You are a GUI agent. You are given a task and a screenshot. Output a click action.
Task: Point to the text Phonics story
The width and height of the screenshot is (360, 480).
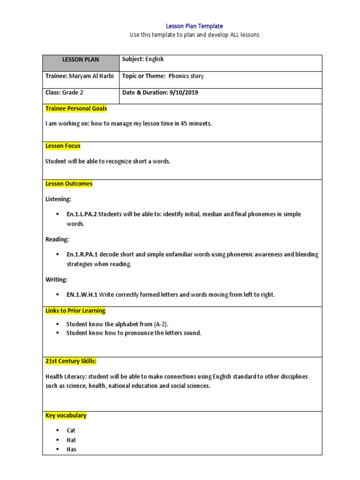[186, 76]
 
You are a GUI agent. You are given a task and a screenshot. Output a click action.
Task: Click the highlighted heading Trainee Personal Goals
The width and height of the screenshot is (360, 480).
[76, 109]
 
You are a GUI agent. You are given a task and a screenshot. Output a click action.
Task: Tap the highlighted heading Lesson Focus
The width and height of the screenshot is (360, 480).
[63, 146]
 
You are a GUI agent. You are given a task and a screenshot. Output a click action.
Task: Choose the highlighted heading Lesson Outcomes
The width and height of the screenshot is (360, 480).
[69, 184]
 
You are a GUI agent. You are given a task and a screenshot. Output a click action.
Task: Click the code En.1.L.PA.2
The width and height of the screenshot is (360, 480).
[82, 214]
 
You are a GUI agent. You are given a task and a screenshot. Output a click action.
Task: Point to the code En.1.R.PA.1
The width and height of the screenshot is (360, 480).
[82, 255]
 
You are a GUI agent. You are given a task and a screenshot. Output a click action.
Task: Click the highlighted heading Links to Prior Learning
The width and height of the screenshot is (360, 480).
[75, 311]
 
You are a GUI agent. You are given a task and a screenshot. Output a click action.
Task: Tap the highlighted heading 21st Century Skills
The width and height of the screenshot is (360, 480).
[71, 361]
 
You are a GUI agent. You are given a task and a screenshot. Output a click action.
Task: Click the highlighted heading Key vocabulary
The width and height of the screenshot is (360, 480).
[66, 416]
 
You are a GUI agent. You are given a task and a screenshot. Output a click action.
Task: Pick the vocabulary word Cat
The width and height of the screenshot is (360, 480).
[71, 430]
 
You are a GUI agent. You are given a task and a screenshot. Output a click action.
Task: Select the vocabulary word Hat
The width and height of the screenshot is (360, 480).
[71, 440]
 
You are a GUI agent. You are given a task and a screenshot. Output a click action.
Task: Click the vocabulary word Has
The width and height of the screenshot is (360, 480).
[71, 450]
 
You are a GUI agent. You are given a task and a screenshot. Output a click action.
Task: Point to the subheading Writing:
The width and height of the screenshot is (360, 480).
[56, 280]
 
